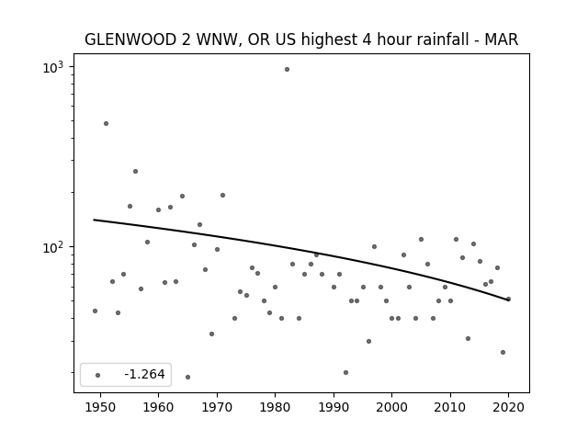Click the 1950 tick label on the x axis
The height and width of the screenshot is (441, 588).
(100, 407)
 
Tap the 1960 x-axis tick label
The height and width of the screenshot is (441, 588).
(158, 407)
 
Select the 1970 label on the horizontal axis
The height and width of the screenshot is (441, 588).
(217, 407)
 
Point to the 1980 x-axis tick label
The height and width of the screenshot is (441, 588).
(275, 407)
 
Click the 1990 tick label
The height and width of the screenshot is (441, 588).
(334, 407)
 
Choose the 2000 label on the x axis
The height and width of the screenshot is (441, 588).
(392, 407)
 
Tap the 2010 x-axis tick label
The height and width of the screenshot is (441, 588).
(450, 407)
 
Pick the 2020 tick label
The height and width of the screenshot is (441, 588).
(508, 407)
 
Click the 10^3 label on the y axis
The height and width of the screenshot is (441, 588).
(53, 67)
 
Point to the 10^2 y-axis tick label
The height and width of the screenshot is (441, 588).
(53, 247)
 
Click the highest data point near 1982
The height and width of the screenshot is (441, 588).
(287, 70)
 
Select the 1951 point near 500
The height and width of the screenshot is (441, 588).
(107, 123)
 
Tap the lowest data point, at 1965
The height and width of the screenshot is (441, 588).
(187, 377)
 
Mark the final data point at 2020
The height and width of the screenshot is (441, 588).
(508, 299)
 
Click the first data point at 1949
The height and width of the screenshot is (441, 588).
(95, 311)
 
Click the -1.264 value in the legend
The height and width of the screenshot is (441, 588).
(144, 374)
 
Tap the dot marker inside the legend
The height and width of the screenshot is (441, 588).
(98, 375)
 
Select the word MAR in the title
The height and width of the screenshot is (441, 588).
(502, 40)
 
